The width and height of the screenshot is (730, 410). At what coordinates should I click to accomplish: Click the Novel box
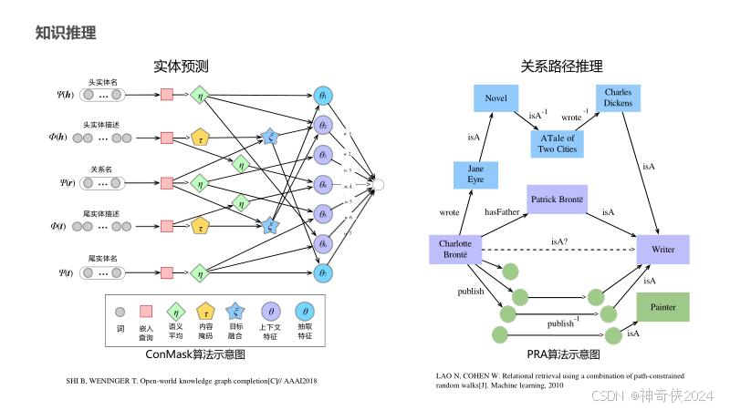click(496, 98)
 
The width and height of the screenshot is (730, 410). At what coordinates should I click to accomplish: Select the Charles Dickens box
click(622, 98)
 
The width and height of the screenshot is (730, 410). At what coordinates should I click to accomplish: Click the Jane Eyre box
click(475, 174)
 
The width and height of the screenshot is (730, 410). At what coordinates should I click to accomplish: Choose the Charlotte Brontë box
click(454, 250)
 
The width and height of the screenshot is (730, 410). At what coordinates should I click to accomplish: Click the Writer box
click(663, 249)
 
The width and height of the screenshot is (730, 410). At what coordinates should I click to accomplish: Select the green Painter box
click(663, 307)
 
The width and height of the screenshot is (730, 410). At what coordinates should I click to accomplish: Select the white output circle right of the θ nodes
click(380, 185)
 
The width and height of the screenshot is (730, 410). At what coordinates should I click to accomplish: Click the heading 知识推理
click(66, 34)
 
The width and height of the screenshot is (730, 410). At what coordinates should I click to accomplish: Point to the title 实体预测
click(181, 66)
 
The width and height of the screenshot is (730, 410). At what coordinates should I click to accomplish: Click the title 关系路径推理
click(561, 66)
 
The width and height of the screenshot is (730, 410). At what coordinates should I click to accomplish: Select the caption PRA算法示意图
click(563, 354)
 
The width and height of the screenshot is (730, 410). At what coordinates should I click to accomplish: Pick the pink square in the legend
click(145, 311)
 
